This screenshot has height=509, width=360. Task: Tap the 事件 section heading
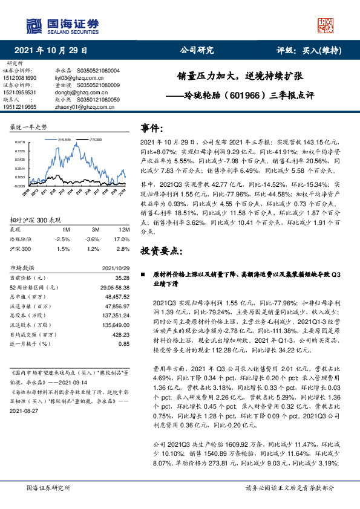[x=152, y=128]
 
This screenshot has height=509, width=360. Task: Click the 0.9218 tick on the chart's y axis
[x=20, y=141]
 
